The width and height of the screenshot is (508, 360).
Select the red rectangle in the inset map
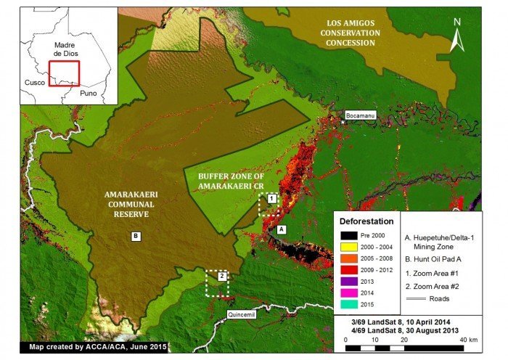point(63,73)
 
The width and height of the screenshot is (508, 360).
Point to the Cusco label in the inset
point(33,83)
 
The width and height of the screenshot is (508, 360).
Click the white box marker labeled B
point(135,236)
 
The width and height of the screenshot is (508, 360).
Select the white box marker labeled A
point(282,228)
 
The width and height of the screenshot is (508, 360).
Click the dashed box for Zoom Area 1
point(269,204)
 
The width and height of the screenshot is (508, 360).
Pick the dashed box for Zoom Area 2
point(217,283)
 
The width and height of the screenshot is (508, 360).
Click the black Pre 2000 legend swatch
point(351,236)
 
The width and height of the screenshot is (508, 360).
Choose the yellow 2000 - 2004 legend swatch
point(351,248)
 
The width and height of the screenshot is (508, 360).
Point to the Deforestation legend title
point(367,221)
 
